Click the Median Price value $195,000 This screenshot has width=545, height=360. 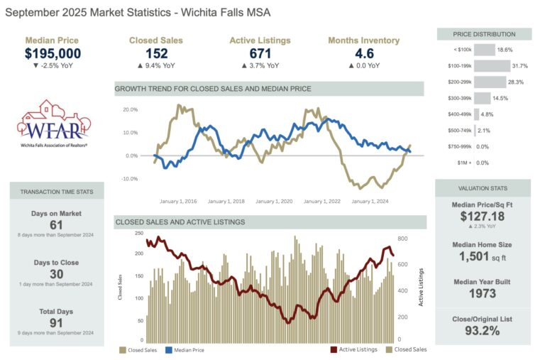[x=53, y=53]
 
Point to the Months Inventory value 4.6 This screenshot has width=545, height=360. [x=363, y=53]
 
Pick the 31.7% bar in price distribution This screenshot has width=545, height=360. [x=491, y=66]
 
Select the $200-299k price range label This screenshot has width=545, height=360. [x=455, y=82]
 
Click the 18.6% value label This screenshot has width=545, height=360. [x=505, y=50]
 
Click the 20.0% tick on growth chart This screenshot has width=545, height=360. [x=130, y=110]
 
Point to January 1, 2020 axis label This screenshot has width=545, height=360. [x=277, y=201]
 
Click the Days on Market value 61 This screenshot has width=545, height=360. [x=57, y=225]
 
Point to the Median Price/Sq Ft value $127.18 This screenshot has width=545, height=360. [x=483, y=217]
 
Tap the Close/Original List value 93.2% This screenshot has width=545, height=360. [x=483, y=330]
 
